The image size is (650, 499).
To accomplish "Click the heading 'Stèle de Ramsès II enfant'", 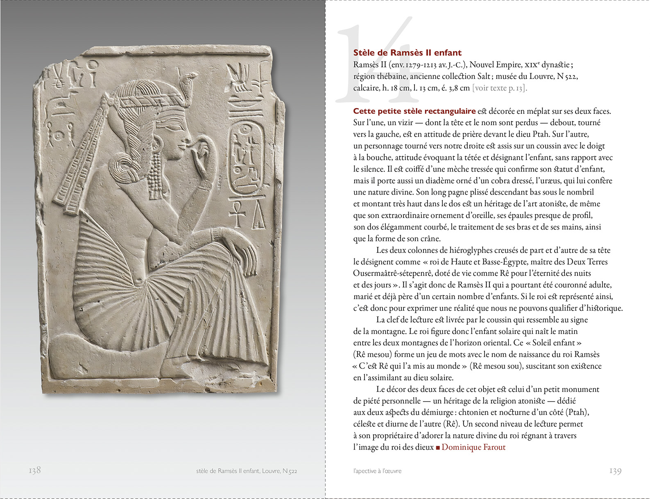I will pos(407,53).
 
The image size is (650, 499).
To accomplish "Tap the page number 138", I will pos(35,470).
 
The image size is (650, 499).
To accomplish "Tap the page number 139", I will pos(615,471).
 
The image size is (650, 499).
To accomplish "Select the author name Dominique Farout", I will pos(473,447).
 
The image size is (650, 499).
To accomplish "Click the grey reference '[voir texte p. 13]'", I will pos(499,88).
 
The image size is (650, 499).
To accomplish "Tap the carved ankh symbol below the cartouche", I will pos(237,212).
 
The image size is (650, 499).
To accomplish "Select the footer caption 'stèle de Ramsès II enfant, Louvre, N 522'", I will pos(247,471).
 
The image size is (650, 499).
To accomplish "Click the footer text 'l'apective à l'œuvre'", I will pos(377,471).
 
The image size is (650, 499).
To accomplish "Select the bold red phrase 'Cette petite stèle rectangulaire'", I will pos(414,111).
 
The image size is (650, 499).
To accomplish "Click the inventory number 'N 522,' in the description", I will pos(567,77).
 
